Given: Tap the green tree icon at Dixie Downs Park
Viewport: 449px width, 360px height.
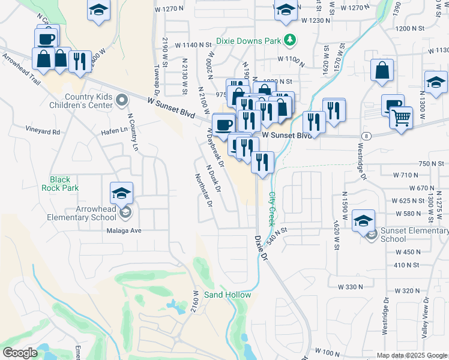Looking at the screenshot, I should pos(291,40).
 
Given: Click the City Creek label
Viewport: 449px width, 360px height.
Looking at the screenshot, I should pos(272,208).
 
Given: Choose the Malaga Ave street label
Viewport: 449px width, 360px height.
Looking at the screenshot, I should pos(124,230).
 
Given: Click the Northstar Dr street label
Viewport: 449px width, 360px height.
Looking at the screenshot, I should pos(204,190).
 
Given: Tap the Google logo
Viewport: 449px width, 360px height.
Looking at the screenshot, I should pos(20,353).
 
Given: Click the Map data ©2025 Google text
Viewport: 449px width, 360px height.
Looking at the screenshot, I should pos(411,355).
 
